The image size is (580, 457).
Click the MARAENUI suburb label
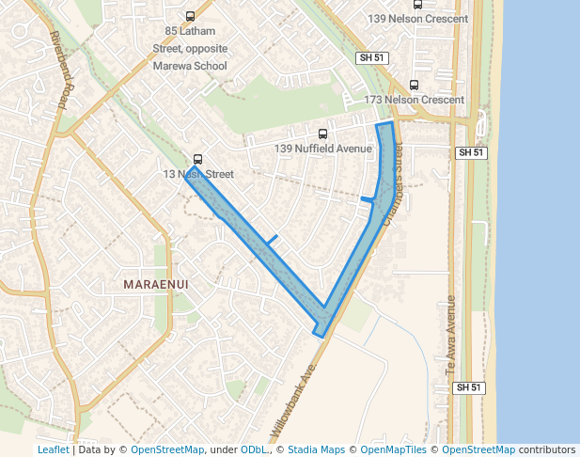click(158, 283)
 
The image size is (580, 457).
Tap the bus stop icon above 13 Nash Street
click(197, 159)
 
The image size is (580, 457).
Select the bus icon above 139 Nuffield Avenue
click(323, 134)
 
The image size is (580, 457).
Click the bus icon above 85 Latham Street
click(191, 16)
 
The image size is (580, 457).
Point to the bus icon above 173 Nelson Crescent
click(415, 84)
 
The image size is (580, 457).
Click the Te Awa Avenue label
click(450, 337)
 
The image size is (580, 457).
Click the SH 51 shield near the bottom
click(468, 387)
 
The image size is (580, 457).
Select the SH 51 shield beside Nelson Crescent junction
click(470, 152)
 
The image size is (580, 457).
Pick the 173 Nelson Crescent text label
click(415, 100)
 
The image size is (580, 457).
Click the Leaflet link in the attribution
click(53, 449)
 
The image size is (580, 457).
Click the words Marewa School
click(189, 65)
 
